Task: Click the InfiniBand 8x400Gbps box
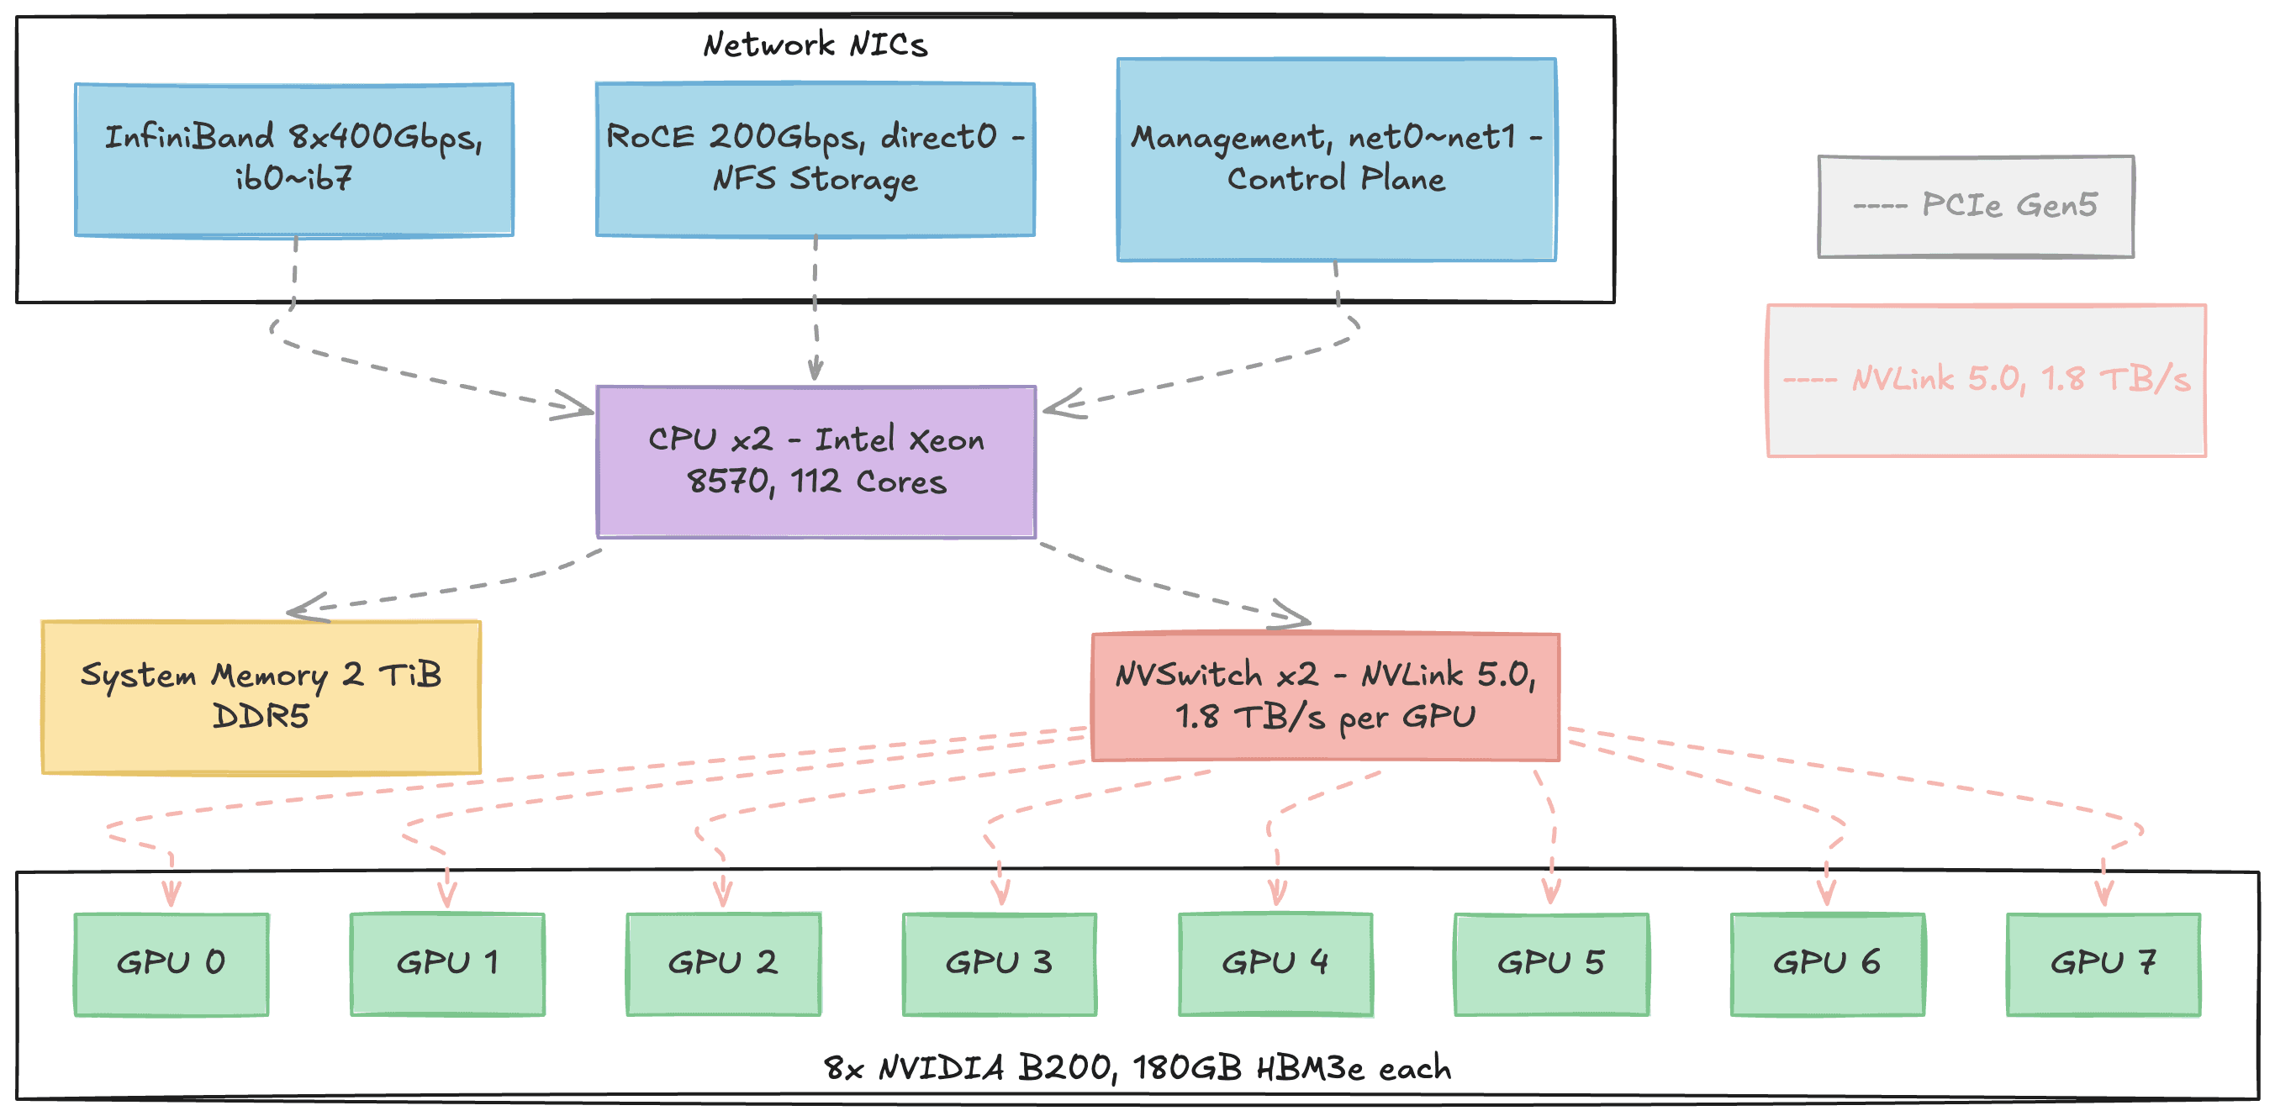coord(294,160)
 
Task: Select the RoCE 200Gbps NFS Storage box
coord(816,160)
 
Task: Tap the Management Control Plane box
coord(1336,160)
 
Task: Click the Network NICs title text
coord(816,45)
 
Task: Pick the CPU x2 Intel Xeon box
coord(816,461)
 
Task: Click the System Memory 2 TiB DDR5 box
coord(261,697)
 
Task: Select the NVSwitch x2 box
coord(1325,697)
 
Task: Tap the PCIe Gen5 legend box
coord(1976,207)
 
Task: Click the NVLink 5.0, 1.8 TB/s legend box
coord(1986,381)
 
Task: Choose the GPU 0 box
coord(172,964)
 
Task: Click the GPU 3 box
coord(999,964)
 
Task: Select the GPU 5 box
coord(1551,964)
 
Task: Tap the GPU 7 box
coord(2103,964)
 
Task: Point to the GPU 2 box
coord(723,964)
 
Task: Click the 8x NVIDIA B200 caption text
coord(1137,1068)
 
